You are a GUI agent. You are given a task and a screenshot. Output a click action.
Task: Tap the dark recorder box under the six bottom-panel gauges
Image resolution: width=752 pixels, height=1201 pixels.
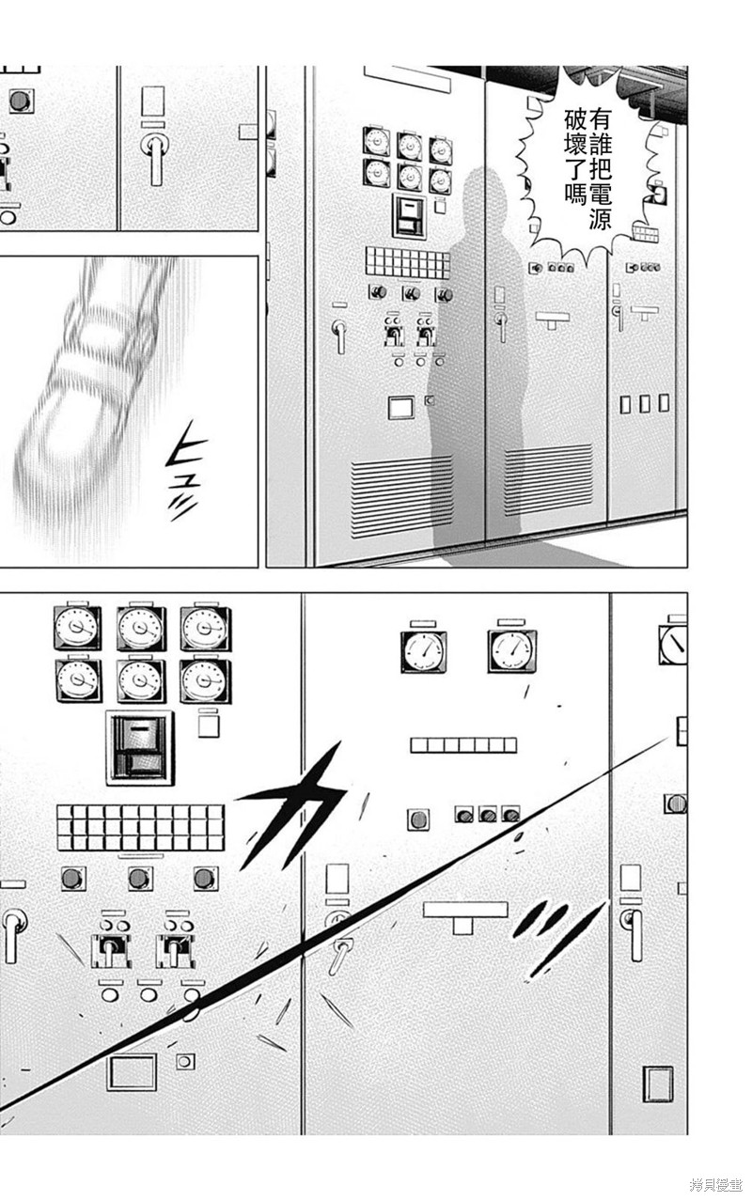[140, 747]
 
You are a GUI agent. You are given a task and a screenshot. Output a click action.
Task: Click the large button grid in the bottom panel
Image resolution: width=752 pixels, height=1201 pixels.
[140, 827]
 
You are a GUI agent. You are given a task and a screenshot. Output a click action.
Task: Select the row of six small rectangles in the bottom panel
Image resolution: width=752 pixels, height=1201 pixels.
[462, 745]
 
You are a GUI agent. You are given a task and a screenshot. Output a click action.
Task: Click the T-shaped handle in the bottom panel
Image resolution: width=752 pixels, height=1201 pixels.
[464, 914]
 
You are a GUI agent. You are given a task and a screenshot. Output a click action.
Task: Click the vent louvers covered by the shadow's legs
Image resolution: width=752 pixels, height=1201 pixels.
[549, 479]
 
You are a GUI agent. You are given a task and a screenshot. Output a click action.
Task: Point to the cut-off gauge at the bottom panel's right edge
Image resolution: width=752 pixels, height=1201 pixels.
[673, 644]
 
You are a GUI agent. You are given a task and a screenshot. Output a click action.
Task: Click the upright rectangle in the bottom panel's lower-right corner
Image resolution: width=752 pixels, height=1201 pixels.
[657, 1084]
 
